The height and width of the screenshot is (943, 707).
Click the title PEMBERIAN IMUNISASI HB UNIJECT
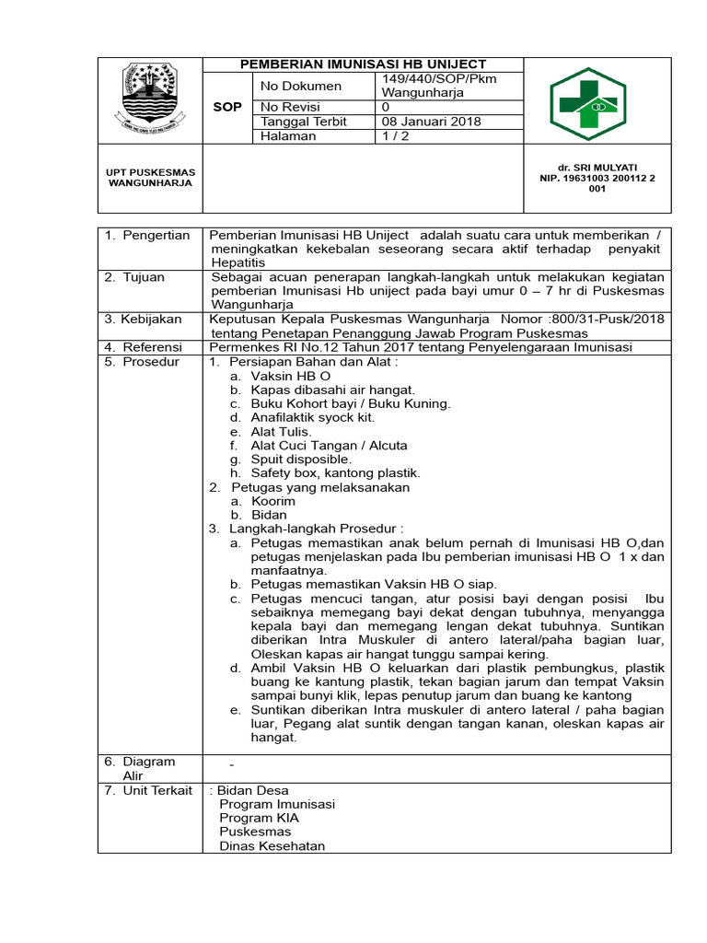(x=363, y=64)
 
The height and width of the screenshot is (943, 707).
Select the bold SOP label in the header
(x=227, y=107)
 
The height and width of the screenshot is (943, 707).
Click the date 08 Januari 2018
(x=431, y=122)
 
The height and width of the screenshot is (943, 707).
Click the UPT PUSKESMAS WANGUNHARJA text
(x=151, y=178)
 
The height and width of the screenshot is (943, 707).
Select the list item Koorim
(x=274, y=501)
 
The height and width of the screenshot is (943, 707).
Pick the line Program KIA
(x=259, y=818)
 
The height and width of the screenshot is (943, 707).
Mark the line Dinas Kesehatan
(x=272, y=845)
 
